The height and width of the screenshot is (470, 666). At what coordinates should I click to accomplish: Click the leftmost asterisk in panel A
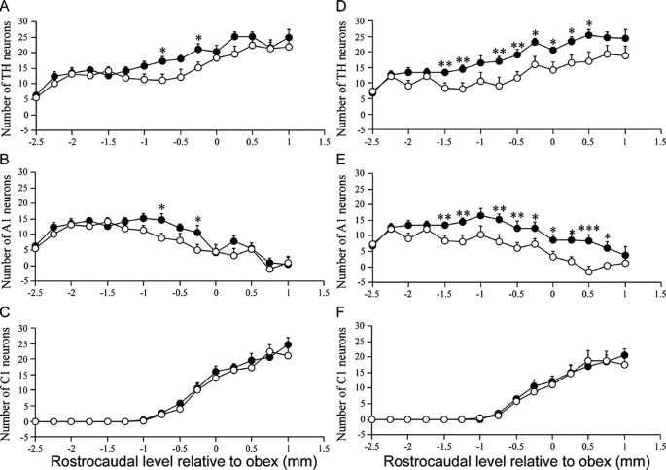coord(162,52)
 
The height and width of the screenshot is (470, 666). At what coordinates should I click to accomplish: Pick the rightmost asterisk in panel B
coord(198,220)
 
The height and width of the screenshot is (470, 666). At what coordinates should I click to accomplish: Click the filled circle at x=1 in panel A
coord(289,38)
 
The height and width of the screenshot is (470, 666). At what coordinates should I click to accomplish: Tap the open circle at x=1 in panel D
coord(625,56)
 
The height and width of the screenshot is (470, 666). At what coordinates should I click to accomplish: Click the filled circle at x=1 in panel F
coord(625,355)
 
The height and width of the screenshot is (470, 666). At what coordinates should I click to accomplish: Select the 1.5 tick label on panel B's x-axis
coord(325,292)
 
